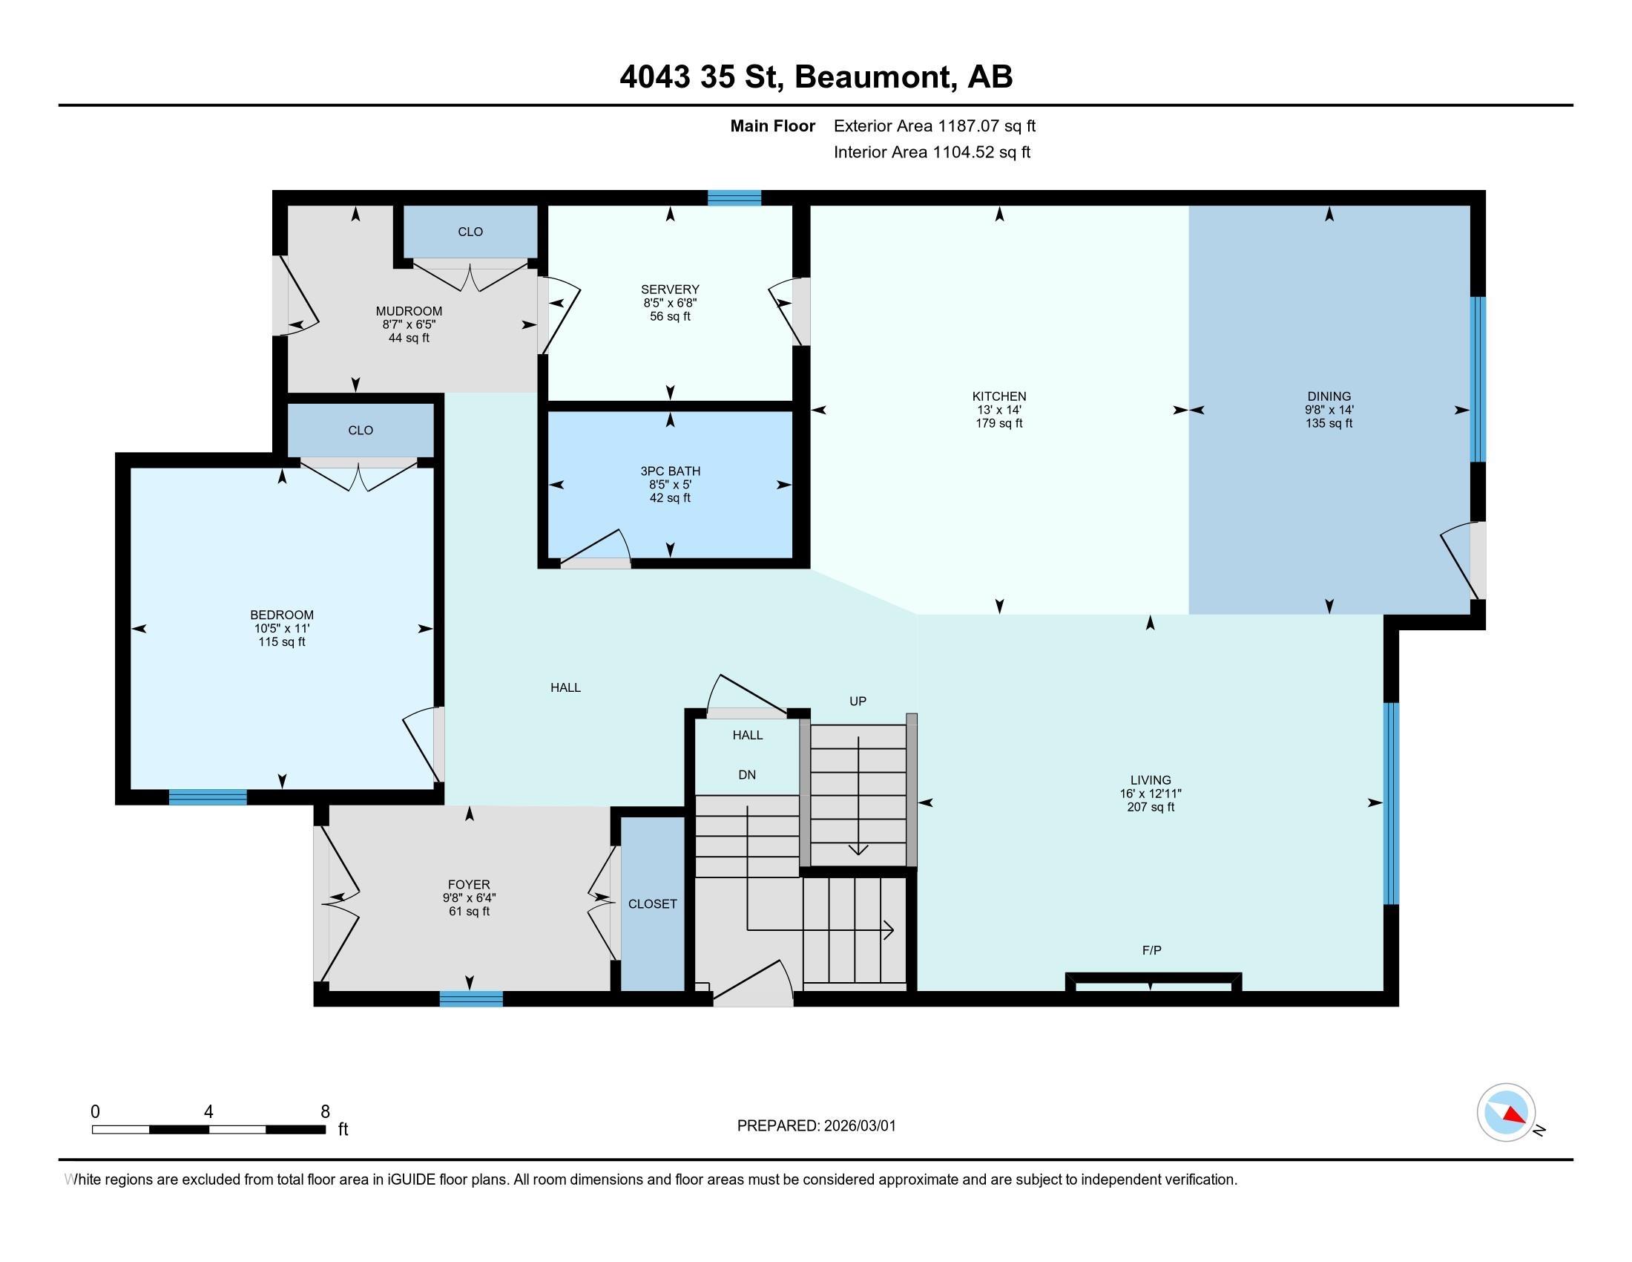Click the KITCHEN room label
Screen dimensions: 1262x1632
998,396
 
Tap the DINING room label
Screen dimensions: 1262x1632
1329,396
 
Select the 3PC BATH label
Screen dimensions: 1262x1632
670,471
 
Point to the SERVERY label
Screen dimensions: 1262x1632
670,290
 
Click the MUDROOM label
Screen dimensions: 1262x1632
409,311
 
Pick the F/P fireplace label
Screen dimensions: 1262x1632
1151,950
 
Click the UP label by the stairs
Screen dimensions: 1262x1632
857,702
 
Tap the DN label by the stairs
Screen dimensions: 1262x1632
746,774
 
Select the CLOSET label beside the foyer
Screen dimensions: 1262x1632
652,904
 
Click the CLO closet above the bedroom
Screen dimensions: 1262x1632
361,431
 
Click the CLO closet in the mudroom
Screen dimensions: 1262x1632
470,232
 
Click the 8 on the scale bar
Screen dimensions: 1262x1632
325,1112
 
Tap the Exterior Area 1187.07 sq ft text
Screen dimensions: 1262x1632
934,126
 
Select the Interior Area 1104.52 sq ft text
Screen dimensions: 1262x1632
932,152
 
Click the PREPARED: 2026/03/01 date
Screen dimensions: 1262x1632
816,1126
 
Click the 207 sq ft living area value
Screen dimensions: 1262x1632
1150,807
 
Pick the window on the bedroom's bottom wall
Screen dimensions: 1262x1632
208,797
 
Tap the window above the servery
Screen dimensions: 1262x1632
734,197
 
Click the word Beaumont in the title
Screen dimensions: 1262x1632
875,77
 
